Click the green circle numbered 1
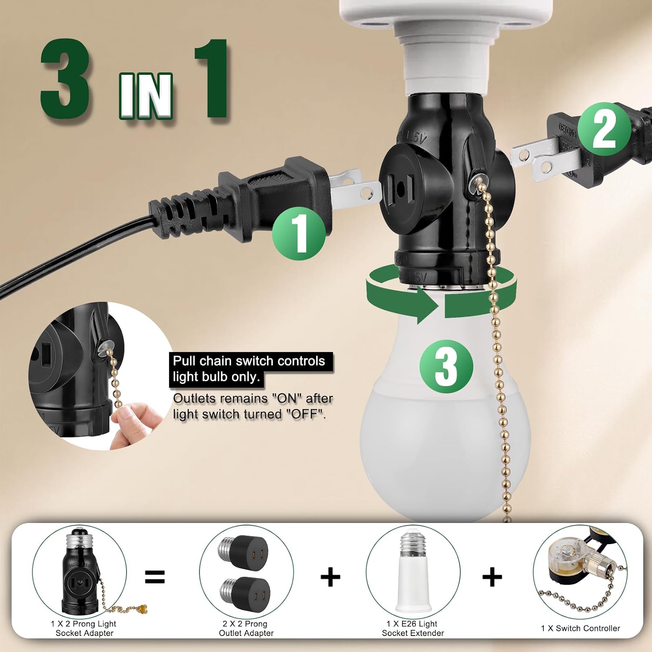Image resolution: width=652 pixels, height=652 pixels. coord(299,233)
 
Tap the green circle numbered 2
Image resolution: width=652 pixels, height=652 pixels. coord(604,129)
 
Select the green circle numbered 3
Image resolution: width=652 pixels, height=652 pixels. coord(446,366)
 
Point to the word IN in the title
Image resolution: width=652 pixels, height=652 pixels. coord(146,96)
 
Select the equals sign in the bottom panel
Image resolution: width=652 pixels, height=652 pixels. coord(155,577)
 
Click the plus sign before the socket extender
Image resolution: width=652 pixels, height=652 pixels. coord(330,577)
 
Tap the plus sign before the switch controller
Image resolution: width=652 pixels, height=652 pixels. coord(492,577)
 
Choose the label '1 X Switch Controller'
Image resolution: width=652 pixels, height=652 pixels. coord(580,628)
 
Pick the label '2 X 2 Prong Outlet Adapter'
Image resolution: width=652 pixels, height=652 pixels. coord(246,629)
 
